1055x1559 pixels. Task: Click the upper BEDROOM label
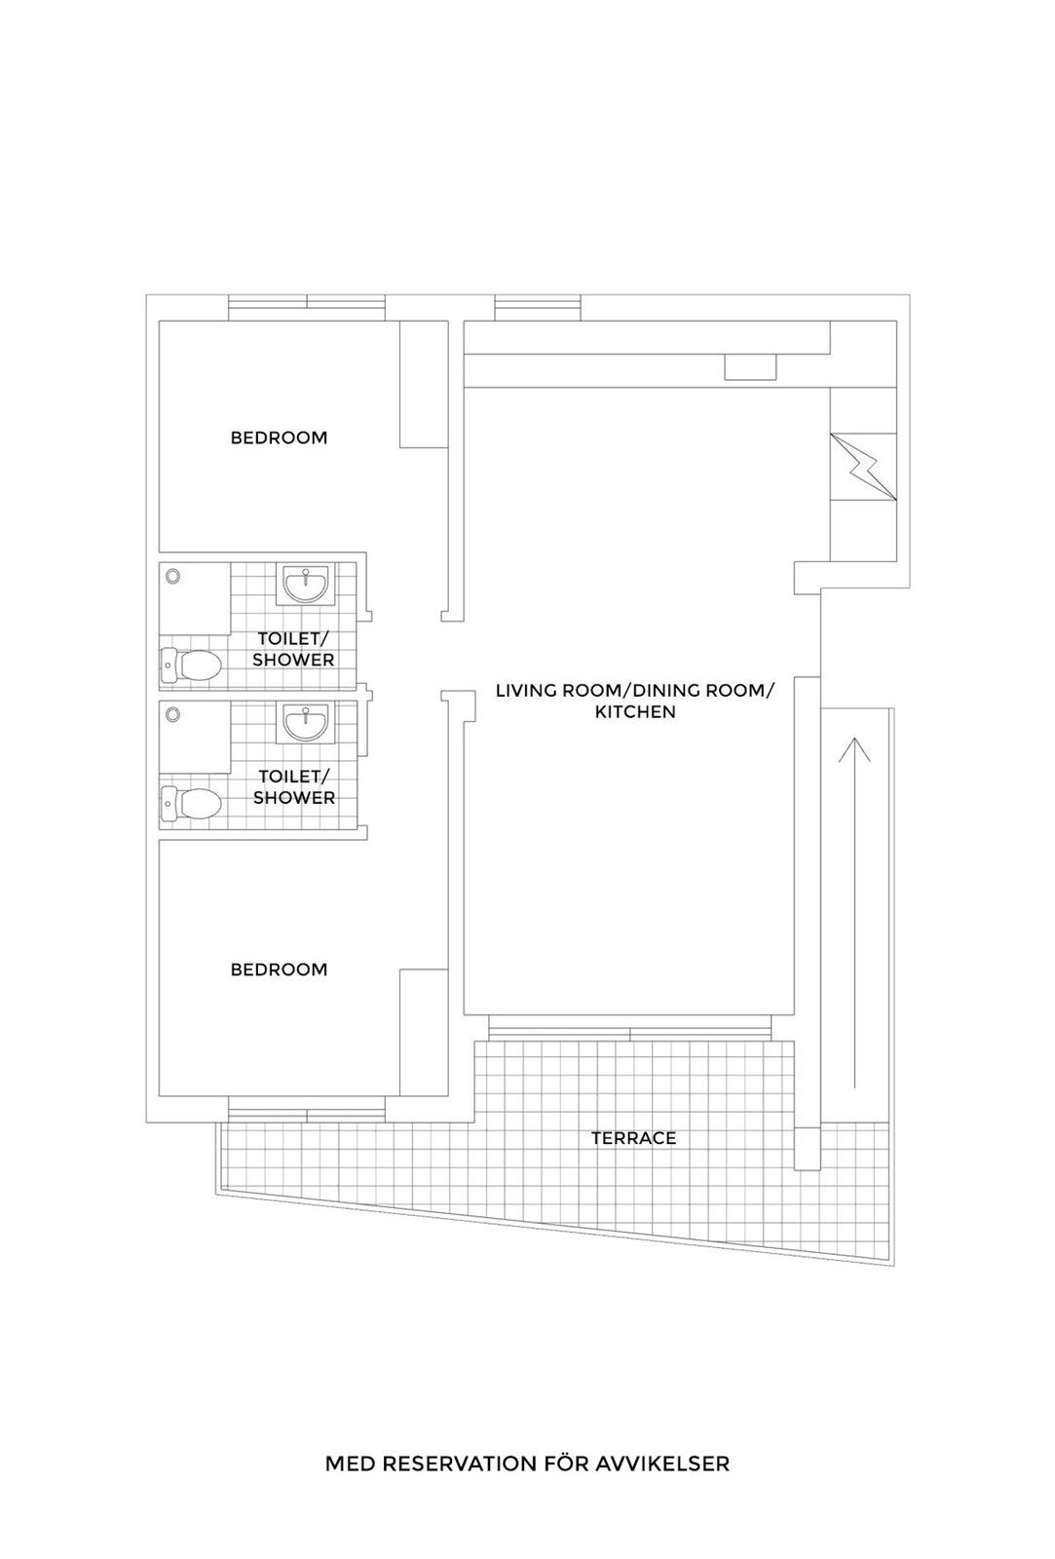[279, 437]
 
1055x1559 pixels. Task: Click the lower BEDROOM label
[279, 970]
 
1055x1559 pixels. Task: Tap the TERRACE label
[633, 1138]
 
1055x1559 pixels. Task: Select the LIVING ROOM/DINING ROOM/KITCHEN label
[635, 702]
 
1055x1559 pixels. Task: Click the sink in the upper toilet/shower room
[305, 586]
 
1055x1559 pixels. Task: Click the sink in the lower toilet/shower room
[305, 724]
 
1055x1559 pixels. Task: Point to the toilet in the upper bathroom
[191, 667]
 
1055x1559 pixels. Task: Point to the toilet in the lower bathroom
[191, 805]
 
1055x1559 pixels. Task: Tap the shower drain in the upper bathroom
[173, 576]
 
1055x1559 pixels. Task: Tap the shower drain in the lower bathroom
[173, 714]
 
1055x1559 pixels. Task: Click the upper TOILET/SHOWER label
[293, 649]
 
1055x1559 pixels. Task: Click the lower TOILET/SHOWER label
[293, 787]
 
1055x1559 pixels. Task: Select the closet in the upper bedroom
[424, 384]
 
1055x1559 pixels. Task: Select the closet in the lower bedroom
[424, 1032]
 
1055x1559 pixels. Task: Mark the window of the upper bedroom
[307, 307]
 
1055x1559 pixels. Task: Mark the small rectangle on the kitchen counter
[750, 367]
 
